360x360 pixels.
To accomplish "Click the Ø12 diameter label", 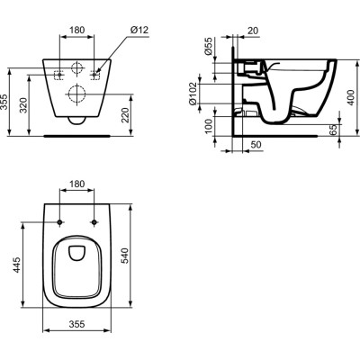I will [x=139, y=31].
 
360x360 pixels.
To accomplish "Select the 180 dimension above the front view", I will [x=77, y=31].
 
